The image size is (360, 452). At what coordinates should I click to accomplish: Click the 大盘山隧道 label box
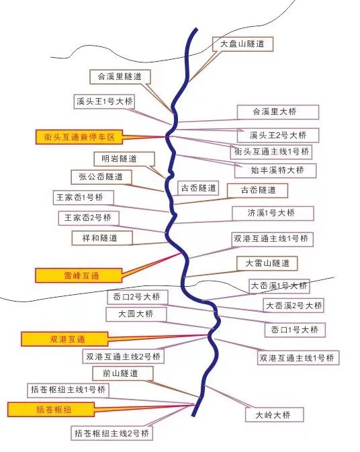tap(242, 44)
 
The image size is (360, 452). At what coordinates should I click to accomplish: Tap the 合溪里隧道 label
tap(120, 77)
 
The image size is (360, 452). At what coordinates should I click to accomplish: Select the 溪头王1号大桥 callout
tap(104, 101)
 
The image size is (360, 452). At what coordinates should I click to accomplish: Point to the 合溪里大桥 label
tap(278, 112)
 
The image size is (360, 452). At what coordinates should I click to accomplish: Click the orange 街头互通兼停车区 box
tap(79, 137)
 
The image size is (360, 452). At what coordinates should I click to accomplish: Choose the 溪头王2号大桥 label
tap(278, 135)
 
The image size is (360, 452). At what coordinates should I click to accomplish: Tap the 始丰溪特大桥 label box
tap(275, 171)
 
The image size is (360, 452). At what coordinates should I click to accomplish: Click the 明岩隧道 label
tap(124, 159)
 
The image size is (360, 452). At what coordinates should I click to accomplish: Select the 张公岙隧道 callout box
tap(101, 177)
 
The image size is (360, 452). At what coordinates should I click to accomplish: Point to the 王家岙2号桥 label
tap(89, 218)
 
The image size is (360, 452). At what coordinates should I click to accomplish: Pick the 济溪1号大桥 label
tap(273, 214)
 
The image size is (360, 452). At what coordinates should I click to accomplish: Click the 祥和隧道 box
tap(102, 238)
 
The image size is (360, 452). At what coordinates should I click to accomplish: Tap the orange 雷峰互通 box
tap(79, 275)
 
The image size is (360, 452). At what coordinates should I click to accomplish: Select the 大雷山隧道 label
tap(267, 263)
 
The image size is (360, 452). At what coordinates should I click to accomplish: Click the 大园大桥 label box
tap(136, 314)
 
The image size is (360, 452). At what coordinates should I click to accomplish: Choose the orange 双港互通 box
tap(64, 339)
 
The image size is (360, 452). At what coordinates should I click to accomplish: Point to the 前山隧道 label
tap(122, 373)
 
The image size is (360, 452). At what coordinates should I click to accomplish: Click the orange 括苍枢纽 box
tap(51, 410)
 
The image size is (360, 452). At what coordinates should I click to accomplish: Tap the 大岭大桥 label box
tap(275, 415)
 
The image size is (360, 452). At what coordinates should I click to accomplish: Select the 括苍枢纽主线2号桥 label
tap(111, 433)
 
